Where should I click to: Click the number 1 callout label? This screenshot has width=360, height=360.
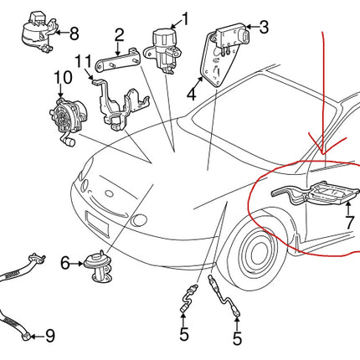[185, 18]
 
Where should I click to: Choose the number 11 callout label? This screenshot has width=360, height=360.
[80, 60]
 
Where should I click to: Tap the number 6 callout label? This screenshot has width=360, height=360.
[64, 263]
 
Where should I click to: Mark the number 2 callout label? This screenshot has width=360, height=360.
[119, 35]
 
